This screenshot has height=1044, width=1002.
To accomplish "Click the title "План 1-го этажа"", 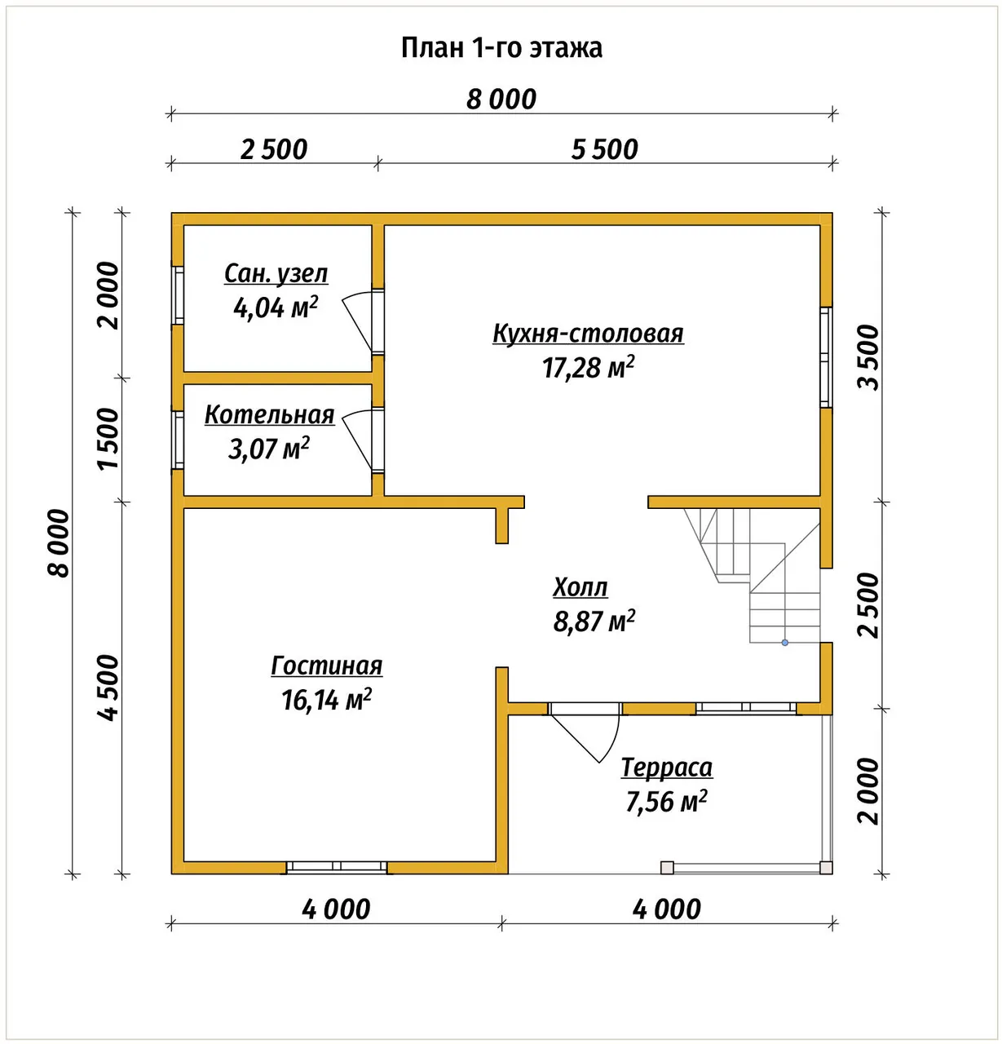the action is pos(501,48).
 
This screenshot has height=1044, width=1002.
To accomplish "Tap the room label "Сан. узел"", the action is pos(276,273).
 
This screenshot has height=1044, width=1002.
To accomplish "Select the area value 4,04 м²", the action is pos(276,307).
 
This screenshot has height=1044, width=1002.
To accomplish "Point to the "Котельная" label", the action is pos(270,414).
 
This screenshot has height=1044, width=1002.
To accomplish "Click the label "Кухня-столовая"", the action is pos(589,333).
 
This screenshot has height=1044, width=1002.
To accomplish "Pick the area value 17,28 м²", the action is pos(589,368).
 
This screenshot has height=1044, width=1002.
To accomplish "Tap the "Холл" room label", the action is pos(580,587).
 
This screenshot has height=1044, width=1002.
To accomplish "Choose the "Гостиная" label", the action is pos(327,666).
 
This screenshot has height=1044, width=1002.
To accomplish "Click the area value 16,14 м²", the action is pos(327,700).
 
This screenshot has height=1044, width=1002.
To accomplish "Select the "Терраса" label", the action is pos(667,768).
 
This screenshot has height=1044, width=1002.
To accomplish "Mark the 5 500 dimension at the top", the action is pos(604,149).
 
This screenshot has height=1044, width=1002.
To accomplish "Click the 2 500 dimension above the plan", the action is pos(274,149).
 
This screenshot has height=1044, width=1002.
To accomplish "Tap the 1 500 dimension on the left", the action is pos(108,440).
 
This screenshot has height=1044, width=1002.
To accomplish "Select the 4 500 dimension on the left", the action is pos(108,688).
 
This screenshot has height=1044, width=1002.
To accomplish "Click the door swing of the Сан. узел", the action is pos(358,321).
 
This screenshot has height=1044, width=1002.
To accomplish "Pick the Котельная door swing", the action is pos(358,440).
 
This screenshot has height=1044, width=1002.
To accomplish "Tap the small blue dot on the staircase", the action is pos(785,643).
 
